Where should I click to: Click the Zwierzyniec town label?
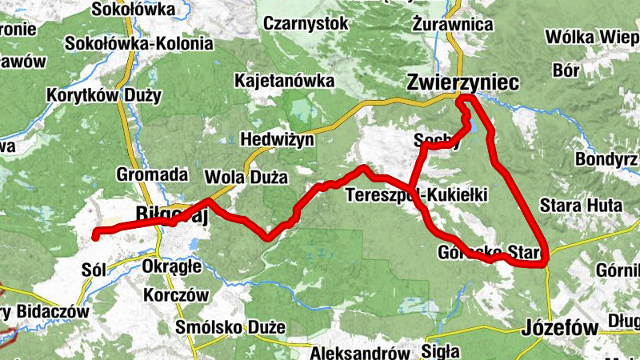tap(462, 82)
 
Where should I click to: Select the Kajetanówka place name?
tap(284, 81)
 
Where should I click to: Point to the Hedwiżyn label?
tap(279, 138)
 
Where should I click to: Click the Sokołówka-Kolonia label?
tap(140, 44)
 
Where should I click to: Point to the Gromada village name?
tap(152, 174)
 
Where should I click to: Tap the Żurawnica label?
tap(453, 24)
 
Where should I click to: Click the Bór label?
tap(566, 70)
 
